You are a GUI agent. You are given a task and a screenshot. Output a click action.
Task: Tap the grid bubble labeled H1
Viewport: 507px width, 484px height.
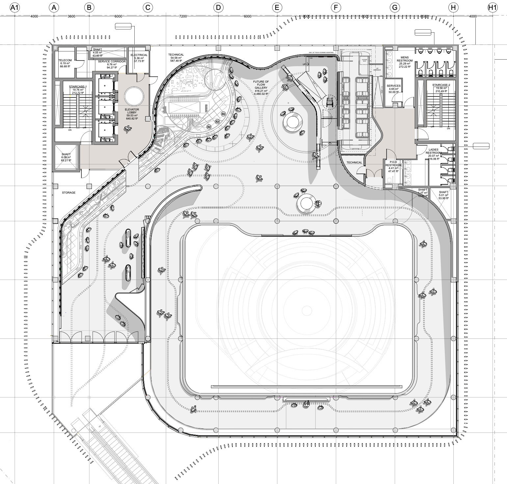pyautogui.click(x=492, y=8)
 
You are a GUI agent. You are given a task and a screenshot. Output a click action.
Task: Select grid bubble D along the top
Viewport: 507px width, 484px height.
pyautogui.click(x=218, y=8)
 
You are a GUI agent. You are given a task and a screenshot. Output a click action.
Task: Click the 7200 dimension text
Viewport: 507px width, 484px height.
pyautogui.click(x=183, y=16)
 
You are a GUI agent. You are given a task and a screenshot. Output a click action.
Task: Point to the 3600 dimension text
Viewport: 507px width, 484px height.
pyautogui.click(x=71, y=16)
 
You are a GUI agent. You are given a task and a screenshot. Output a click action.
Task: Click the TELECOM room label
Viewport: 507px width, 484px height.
pyautogui.click(x=65, y=60)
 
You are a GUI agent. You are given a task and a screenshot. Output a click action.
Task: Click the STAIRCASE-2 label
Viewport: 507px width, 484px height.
pyautogui.click(x=441, y=85)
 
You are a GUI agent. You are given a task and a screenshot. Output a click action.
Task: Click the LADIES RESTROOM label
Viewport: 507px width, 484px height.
pyautogui.click(x=433, y=151)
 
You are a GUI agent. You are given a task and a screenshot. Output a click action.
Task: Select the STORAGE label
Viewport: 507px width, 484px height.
pyautogui.click(x=68, y=193)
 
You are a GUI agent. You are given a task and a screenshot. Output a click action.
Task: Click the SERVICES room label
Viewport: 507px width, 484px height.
pyautogui.click(x=393, y=86)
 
